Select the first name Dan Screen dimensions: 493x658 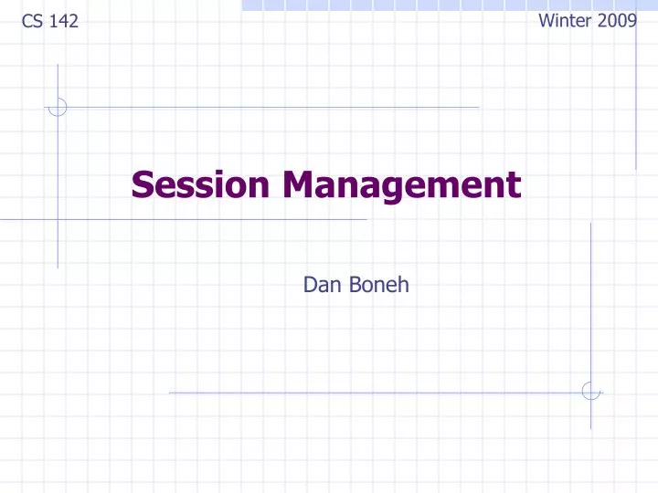coord(320,286)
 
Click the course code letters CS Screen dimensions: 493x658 coord(31,21)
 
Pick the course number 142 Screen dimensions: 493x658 coord(64,21)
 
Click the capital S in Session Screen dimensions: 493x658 coord(142,185)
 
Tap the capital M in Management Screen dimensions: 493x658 coord(299,185)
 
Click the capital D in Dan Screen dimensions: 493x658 coord(310,286)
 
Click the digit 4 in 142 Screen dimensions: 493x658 coord(64,21)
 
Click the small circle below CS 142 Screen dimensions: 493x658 coord(58,107)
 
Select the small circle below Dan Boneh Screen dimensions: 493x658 coord(591,392)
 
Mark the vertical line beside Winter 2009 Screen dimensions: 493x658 coord(636,100)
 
